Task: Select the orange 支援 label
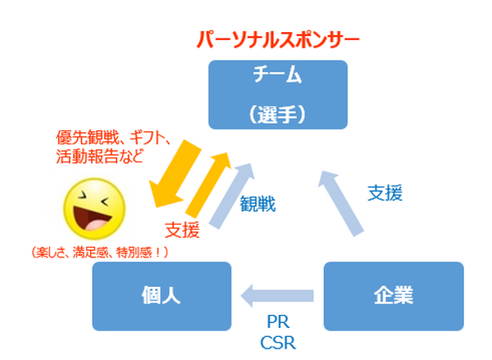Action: coord(181,230)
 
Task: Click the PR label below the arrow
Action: coord(277,321)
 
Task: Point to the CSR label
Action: coord(277,341)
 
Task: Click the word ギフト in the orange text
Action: coord(150,136)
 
